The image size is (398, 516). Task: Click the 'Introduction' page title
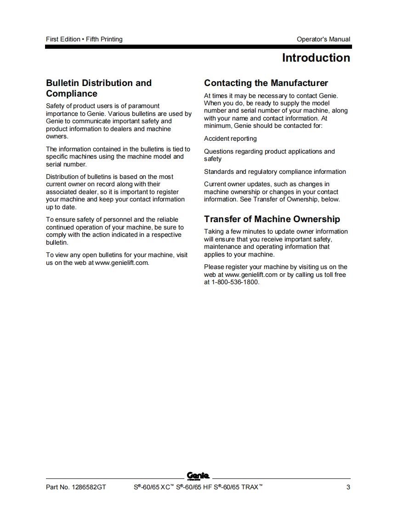point(316,58)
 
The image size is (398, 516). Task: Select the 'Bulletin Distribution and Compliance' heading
point(98,88)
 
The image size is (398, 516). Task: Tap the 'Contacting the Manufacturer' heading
point(266,83)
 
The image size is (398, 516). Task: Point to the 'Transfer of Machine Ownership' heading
point(272,219)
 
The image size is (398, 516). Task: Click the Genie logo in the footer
point(198,476)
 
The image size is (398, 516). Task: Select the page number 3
point(348,487)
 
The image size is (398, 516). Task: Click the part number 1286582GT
point(89,487)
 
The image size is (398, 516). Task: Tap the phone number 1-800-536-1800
point(235,282)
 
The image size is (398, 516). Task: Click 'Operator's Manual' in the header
point(323,39)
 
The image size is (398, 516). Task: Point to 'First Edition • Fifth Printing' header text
point(84,39)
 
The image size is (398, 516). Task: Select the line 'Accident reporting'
point(230,138)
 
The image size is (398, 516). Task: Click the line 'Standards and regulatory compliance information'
point(275,172)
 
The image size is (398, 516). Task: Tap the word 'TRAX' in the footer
point(249,487)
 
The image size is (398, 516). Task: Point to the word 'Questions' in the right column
point(218,151)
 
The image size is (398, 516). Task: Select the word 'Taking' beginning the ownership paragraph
point(213,231)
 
